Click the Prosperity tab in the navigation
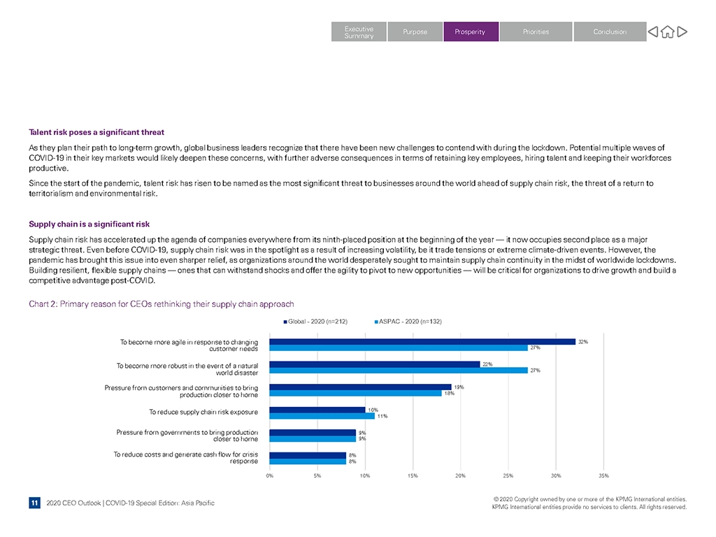point(471,31)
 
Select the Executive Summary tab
point(359,31)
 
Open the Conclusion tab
point(610,31)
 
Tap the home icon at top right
point(668,31)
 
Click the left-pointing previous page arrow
point(653,31)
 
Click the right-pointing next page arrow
point(682,31)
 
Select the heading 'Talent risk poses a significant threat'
point(96,132)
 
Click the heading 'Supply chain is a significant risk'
point(89,224)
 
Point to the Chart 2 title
point(162,304)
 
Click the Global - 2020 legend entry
point(315,322)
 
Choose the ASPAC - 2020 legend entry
point(408,322)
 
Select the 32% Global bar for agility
point(422,341)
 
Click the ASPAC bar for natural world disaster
point(399,371)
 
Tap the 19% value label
point(459,387)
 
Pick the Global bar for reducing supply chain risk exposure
point(317,410)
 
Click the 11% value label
point(382,416)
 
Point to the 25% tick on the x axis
point(508,475)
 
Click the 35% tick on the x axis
point(603,475)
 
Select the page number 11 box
point(34,503)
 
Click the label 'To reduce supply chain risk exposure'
point(203,412)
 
